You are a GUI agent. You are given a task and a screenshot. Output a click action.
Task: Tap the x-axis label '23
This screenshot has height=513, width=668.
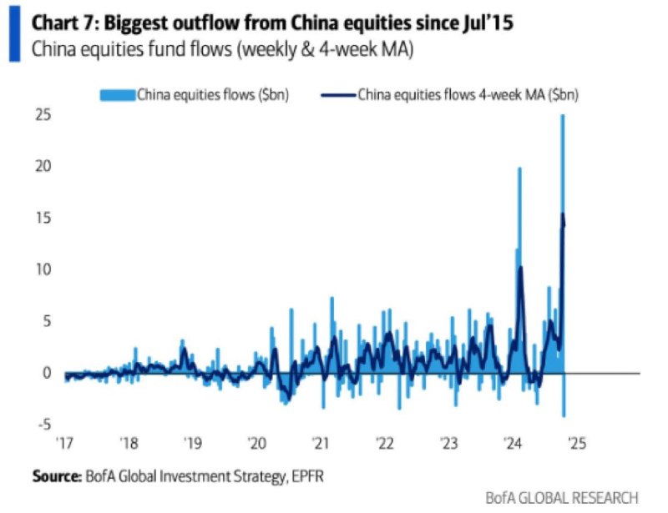448,443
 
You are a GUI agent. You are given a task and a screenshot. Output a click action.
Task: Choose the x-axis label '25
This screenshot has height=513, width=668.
576,443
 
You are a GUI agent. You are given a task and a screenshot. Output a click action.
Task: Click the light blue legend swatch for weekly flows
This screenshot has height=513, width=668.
117,94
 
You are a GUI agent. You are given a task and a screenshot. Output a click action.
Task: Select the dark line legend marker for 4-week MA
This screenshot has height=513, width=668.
338,94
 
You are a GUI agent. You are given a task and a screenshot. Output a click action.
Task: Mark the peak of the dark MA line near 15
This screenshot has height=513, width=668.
564,215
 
